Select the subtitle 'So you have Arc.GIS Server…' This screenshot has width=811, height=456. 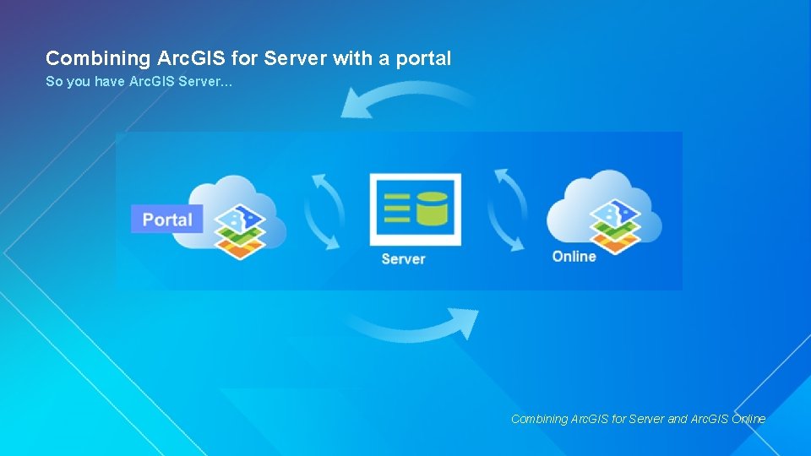click(x=139, y=83)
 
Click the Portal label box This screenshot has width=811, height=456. click(x=167, y=220)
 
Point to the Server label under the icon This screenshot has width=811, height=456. click(x=403, y=258)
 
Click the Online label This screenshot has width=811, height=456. click(x=574, y=256)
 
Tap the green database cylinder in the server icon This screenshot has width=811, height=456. click(x=431, y=208)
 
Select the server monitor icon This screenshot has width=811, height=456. click(x=415, y=209)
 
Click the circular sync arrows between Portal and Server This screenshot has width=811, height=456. click(x=324, y=211)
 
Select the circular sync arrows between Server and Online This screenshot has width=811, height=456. click(x=507, y=210)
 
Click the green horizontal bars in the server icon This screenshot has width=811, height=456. click(x=396, y=209)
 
